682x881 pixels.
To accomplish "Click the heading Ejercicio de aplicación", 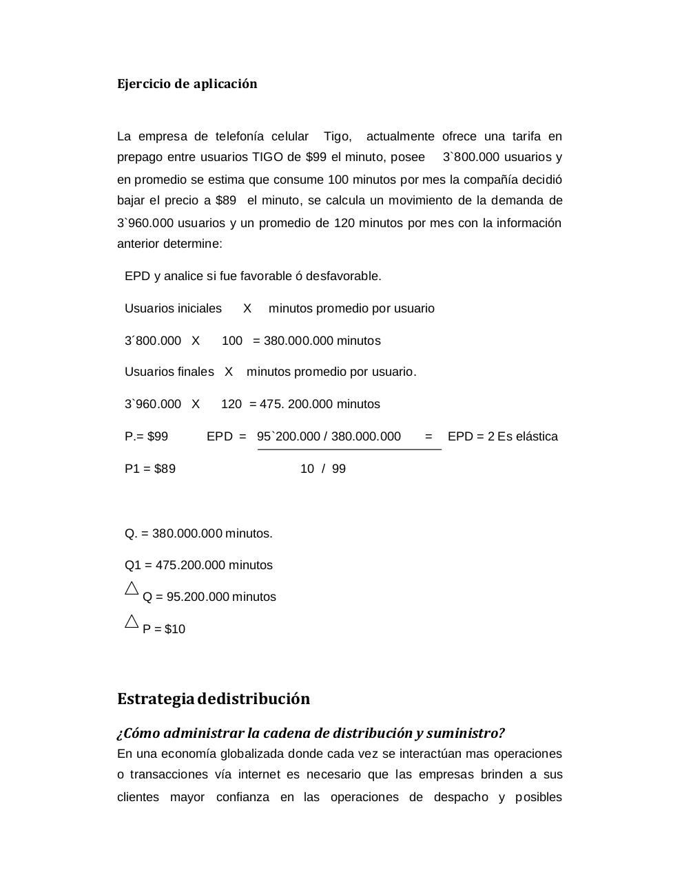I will point(187,84).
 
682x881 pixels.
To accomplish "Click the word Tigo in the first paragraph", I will point(337,136).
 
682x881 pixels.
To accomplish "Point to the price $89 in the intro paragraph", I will point(226,200).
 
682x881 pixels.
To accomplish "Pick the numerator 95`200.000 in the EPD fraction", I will point(287,436).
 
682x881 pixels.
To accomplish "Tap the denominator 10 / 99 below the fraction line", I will point(323,469).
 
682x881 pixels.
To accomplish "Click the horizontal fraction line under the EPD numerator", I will point(349,449).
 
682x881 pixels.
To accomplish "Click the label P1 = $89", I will point(150,469).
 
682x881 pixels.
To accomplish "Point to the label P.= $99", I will point(146,436).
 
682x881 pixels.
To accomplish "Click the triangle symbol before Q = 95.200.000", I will point(132,589).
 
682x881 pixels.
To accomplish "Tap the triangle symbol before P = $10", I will point(132,622).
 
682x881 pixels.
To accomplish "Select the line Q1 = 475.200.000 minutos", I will point(198,565).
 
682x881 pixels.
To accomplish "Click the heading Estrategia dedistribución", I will point(214,699).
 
